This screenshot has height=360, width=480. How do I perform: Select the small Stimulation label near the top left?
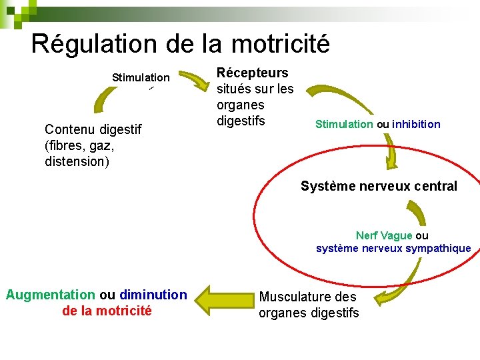(x=141, y=78)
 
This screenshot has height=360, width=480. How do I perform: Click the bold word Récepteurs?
(x=252, y=73)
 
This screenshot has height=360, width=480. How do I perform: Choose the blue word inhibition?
(x=416, y=124)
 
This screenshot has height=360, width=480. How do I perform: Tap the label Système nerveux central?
(x=379, y=186)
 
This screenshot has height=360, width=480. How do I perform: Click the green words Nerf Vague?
(x=384, y=235)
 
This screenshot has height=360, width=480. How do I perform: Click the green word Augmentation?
(x=50, y=295)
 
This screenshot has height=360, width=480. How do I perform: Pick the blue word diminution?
(x=153, y=295)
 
